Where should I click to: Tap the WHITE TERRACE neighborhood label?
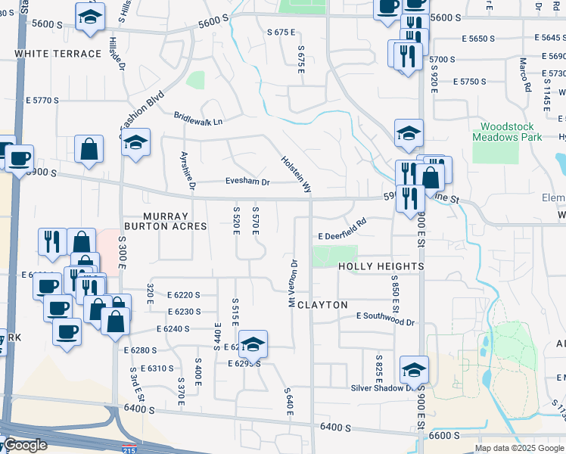tap(58, 54)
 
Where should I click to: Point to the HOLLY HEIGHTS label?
tap(381, 266)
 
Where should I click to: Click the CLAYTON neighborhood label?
tap(322, 305)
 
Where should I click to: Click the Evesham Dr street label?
tap(247, 182)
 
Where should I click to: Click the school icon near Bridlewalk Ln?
tap(136, 142)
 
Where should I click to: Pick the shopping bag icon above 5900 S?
tap(89, 150)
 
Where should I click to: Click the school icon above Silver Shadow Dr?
tap(414, 369)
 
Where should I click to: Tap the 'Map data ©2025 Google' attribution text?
tap(518, 448)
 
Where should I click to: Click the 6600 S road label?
tap(445, 436)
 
